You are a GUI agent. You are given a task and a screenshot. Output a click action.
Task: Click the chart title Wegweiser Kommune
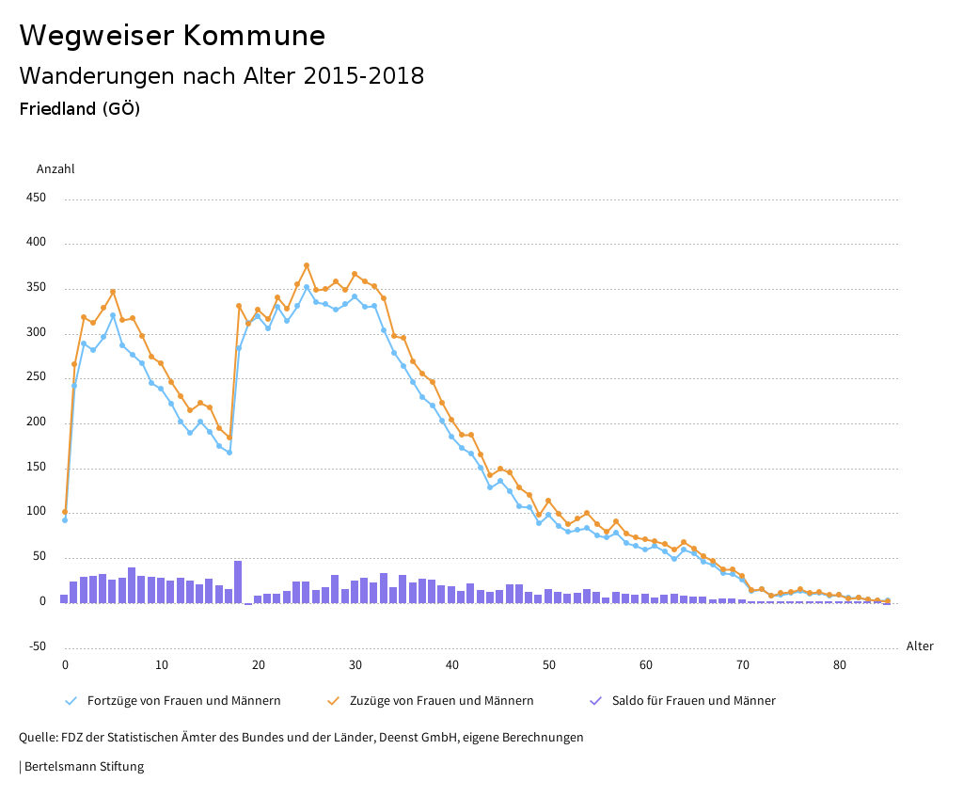[x=172, y=36]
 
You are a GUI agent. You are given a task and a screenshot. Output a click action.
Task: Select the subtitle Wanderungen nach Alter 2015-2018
[x=221, y=76]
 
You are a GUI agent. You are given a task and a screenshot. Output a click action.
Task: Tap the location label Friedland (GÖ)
[x=80, y=109]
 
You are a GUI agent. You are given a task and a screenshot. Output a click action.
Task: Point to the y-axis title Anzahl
[x=55, y=169]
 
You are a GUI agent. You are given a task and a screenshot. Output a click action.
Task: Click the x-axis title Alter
[x=920, y=646]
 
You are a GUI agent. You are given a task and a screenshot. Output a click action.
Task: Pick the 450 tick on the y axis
[x=36, y=198]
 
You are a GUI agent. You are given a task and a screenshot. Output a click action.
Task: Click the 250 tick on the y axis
[x=36, y=377]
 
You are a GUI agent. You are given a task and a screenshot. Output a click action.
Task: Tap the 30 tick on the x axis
[x=355, y=665]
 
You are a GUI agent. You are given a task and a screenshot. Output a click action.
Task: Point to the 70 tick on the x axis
[x=743, y=665]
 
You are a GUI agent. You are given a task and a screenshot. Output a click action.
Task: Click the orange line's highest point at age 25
[x=307, y=265]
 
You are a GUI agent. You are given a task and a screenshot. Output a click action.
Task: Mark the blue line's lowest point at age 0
[x=65, y=519]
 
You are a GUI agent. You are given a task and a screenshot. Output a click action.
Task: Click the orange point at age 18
[x=239, y=306]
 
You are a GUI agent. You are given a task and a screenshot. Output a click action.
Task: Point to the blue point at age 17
[x=229, y=453]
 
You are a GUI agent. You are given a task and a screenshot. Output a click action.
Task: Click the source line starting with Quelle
[x=301, y=738]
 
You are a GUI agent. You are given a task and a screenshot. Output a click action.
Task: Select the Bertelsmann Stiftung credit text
[x=83, y=767]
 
